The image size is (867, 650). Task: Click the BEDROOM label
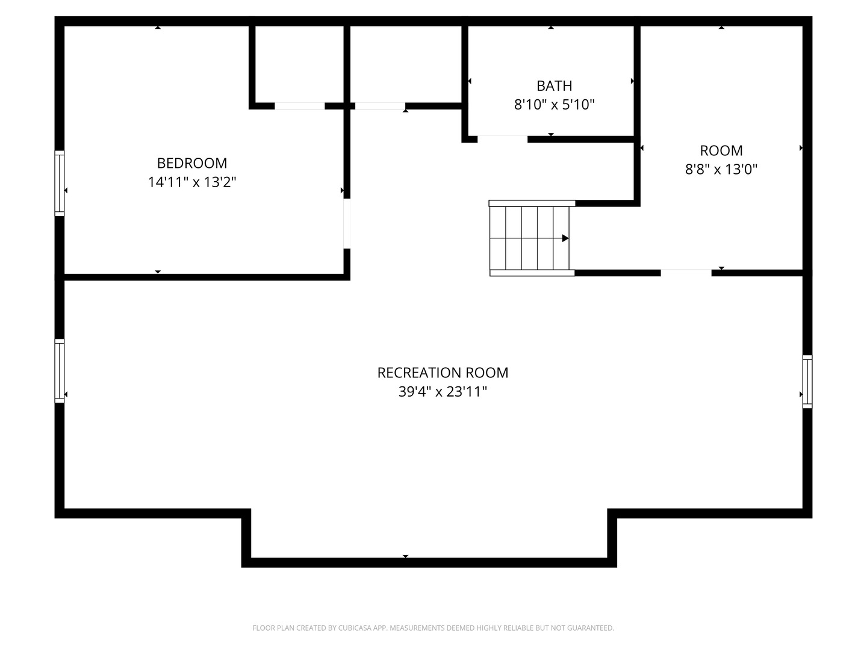(192, 163)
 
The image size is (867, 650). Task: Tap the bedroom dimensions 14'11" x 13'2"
(192, 182)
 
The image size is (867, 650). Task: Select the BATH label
(554, 86)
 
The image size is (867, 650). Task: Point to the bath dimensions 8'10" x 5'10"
(554, 105)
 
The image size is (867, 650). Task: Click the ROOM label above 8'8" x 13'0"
(721, 150)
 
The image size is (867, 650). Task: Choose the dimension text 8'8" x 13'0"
(721, 169)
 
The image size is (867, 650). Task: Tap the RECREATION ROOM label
(443, 373)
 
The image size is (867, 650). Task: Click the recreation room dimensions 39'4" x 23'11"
(443, 392)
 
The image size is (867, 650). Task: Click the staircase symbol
(530, 238)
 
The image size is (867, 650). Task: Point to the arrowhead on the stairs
(565, 238)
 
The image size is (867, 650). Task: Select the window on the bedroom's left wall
(60, 183)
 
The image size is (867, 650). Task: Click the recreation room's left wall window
(60, 370)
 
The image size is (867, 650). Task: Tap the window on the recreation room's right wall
(807, 382)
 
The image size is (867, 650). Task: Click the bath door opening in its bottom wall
(502, 139)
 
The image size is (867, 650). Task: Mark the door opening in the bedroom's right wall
(347, 223)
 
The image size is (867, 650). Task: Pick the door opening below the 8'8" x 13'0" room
(686, 273)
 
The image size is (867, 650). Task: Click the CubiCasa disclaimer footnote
(433, 628)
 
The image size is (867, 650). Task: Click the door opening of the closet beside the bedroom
(299, 107)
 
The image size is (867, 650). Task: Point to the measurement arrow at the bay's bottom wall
(405, 556)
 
